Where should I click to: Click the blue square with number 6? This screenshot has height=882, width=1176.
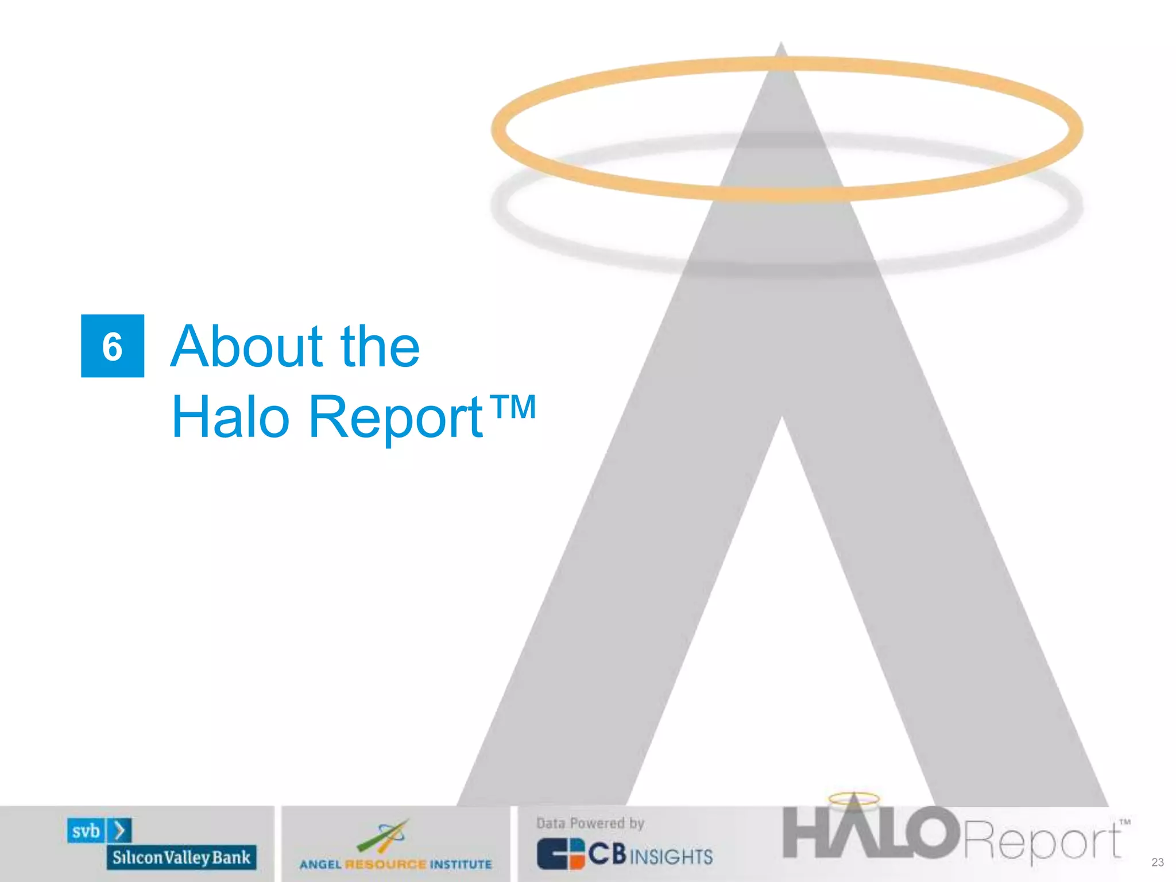pyautogui.click(x=113, y=346)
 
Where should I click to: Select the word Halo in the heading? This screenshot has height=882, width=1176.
pyautogui.click(x=230, y=417)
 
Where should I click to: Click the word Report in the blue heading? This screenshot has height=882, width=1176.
pyautogui.click(x=396, y=418)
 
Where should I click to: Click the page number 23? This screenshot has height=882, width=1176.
pyautogui.click(x=1158, y=862)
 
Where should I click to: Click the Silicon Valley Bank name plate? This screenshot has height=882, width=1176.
pyautogui.click(x=181, y=857)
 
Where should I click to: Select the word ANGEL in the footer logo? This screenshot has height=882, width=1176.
pyautogui.click(x=320, y=865)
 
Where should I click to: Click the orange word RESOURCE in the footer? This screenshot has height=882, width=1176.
pyautogui.click(x=386, y=865)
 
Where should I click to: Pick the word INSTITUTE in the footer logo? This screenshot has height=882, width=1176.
pyautogui.click(x=461, y=865)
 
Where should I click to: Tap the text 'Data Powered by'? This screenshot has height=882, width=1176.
pyautogui.click(x=590, y=823)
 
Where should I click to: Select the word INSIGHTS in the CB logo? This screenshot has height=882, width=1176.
pyautogui.click(x=671, y=857)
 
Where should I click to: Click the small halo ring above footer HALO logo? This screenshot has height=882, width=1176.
pyautogui.click(x=854, y=798)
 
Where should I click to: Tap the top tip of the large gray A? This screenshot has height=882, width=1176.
pyautogui.click(x=781, y=46)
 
